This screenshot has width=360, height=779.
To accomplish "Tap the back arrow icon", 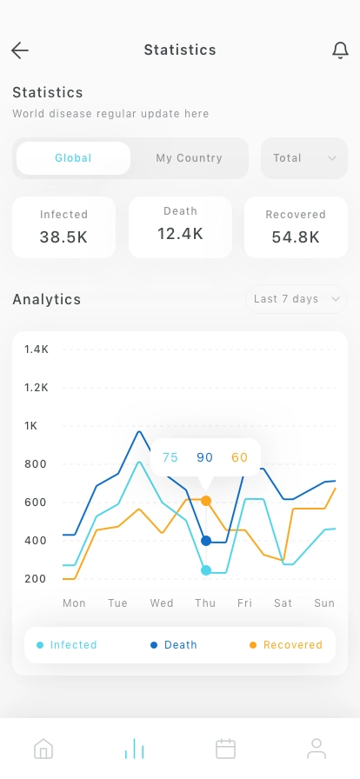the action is (20, 50).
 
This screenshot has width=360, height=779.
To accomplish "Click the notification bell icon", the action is (340, 50).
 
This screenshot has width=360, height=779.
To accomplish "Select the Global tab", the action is (73, 158).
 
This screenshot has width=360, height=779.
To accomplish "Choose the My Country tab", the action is (189, 158).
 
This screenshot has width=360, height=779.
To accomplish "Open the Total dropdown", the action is (304, 158).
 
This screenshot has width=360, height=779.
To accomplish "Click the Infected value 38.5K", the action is (63, 237).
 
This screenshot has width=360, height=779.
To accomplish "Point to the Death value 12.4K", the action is (181, 234).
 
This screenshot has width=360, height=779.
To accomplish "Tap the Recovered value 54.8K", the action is (296, 237).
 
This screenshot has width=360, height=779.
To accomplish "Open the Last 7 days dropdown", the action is (297, 299).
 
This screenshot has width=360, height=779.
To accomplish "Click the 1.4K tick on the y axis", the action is (37, 350).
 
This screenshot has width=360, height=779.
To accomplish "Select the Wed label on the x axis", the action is (162, 603).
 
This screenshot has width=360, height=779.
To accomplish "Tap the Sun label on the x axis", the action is (324, 603).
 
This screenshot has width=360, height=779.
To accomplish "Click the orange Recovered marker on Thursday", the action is (206, 501).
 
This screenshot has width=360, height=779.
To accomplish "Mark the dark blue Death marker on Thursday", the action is (206, 541).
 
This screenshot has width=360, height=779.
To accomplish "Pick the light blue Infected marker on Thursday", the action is (206, 570).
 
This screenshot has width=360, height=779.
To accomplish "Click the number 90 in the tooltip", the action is (205, 457).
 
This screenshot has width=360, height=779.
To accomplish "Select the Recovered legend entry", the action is (286, 645).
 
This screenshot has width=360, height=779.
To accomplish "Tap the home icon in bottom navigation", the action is (43, 749).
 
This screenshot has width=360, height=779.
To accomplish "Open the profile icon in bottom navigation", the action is (317, 749).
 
